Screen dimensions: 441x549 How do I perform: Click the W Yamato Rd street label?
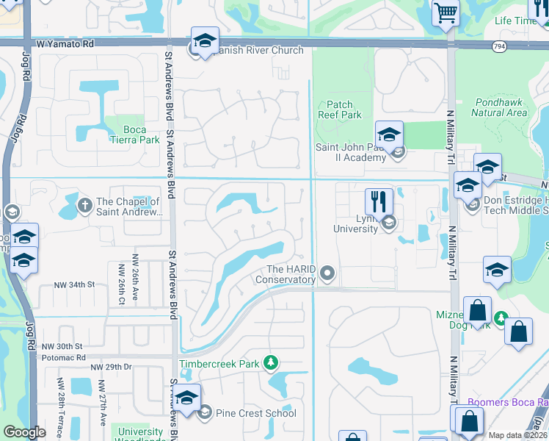point(68,44)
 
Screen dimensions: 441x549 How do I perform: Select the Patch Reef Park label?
point(340,110)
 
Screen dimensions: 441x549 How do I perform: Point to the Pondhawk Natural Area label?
point(499,107)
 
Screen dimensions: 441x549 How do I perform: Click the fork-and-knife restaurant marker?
point(379,201)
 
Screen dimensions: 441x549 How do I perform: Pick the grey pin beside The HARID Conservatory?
point(328,274)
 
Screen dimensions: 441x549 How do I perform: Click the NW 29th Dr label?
point(111,366)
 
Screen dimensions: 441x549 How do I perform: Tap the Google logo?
point(24,432)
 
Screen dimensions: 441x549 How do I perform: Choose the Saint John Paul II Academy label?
point(351,152)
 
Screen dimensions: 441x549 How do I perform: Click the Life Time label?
point(515,21)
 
